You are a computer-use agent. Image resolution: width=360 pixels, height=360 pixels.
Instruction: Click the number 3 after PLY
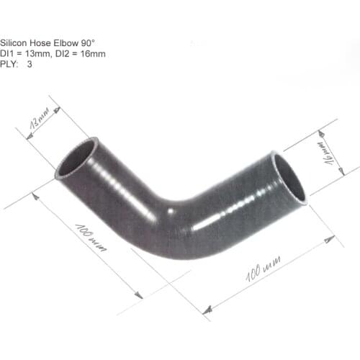pyautogui.click(x=30, y=63)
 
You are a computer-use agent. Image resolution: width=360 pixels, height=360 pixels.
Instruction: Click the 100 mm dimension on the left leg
pyautogui.click(x=91, y=238)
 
